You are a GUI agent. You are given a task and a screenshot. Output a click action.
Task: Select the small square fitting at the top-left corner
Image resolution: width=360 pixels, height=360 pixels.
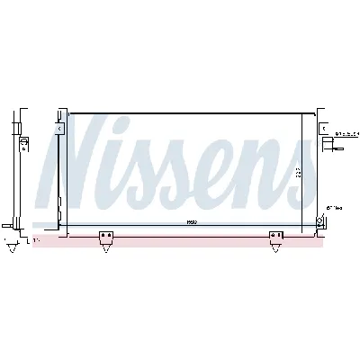60,130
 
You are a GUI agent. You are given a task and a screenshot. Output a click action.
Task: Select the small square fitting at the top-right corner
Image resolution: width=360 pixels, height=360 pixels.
322,130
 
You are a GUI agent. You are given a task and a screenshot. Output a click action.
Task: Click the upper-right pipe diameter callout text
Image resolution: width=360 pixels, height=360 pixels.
346,134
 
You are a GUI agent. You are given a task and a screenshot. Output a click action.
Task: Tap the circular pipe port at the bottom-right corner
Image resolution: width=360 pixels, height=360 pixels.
320,219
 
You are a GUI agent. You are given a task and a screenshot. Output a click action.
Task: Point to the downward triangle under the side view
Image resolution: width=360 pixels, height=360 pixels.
12,242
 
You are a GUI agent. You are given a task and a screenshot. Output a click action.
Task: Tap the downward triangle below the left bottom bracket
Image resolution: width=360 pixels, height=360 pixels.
107,248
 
